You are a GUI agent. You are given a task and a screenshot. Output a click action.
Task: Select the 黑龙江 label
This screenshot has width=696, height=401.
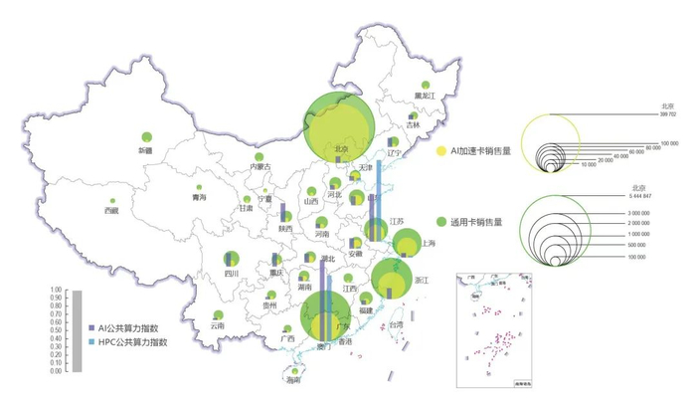pos(428,96)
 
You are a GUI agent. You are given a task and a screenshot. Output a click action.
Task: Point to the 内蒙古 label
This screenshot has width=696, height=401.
pos(260,167)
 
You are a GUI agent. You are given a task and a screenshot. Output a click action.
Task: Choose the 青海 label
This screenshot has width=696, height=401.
pos(199,199)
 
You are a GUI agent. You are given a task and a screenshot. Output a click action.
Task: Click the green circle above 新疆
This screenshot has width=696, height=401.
pos(146,136)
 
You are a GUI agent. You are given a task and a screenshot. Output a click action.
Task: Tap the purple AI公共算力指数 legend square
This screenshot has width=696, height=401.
pos(91,327)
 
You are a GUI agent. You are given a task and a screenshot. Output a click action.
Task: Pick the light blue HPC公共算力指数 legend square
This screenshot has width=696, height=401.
pos(91,341)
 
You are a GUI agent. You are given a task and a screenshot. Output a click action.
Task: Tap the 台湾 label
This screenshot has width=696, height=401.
pos(396,325)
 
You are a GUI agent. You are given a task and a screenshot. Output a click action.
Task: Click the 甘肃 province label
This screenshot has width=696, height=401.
pos(246,209)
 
